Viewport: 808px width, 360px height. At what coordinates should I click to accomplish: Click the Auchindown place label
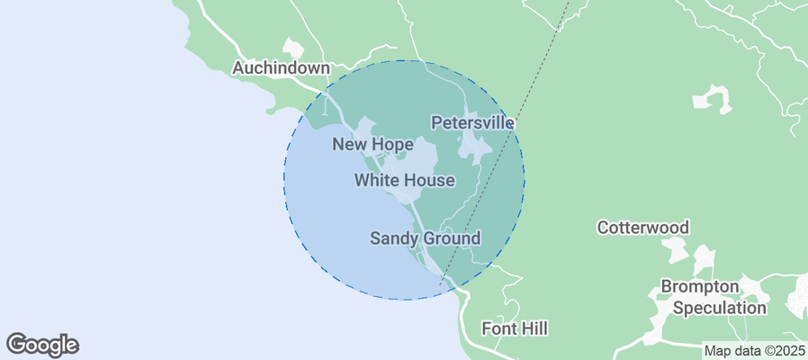(x=282, y=67)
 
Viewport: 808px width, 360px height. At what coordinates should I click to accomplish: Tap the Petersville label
(x=472, y=122)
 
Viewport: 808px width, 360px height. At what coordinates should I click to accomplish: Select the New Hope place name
(x=373, y=144)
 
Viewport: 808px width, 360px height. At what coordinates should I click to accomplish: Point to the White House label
(x=404, y=181)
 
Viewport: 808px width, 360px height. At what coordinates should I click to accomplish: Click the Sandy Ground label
(x=426, y=238)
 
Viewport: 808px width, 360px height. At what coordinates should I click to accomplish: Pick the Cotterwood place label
(x=643, y=228)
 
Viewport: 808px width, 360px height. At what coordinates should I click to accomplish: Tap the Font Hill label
(x=515, y=328)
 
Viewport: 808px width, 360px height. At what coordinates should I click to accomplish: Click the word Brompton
(x=700, y=287)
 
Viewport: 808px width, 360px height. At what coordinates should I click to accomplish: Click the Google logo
(x=42, y=344)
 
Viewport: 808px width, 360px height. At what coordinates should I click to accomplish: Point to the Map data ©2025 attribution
(x=754, y=351)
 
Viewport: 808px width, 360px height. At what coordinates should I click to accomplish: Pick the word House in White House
(x=428, y=181)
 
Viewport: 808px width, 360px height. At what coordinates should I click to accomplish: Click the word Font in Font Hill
(x=498, y=328)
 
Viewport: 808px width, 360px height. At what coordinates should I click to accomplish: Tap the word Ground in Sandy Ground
(x=448, y=238)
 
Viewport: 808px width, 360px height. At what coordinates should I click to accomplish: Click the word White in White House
(x=376, y=181)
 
